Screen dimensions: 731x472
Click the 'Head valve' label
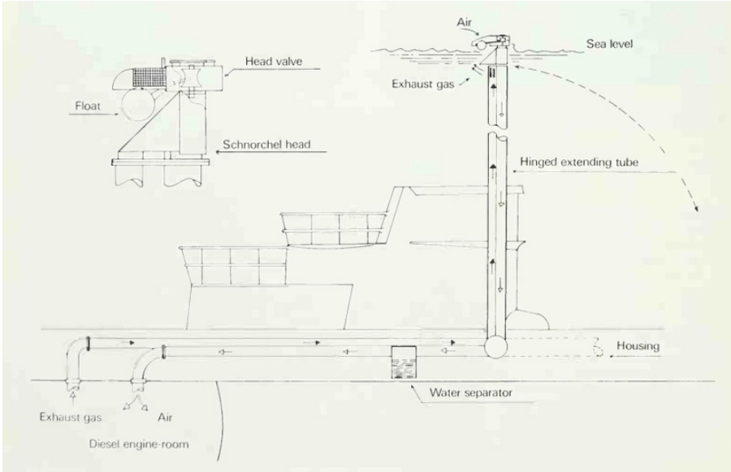(274, 61)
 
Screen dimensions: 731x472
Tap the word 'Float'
(88, 106)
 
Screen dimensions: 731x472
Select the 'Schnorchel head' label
(266, 144)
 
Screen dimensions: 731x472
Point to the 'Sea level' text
(609, 44)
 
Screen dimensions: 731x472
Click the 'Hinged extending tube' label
(579, 162)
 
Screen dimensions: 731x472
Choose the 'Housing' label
(638, 345)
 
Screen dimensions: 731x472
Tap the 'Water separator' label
(470, 392)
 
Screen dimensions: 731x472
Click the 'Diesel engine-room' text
(139, 444)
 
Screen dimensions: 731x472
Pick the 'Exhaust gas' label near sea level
(422, 84)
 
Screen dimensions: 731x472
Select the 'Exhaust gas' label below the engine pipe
(71, 417)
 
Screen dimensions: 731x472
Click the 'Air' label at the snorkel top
(464, 22)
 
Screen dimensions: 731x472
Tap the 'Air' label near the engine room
(165, 417)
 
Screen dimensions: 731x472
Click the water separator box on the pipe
(404, 362)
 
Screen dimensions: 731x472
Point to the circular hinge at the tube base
(495, 347)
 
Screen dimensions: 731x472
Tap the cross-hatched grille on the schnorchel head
(149, 77)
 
